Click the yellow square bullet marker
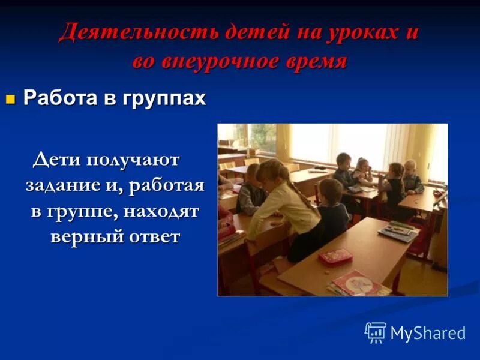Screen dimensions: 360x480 10,99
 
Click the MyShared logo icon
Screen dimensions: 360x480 376,332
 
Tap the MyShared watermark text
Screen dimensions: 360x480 428,333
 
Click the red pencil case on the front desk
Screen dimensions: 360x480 335,256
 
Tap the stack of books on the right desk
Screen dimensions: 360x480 397,230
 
